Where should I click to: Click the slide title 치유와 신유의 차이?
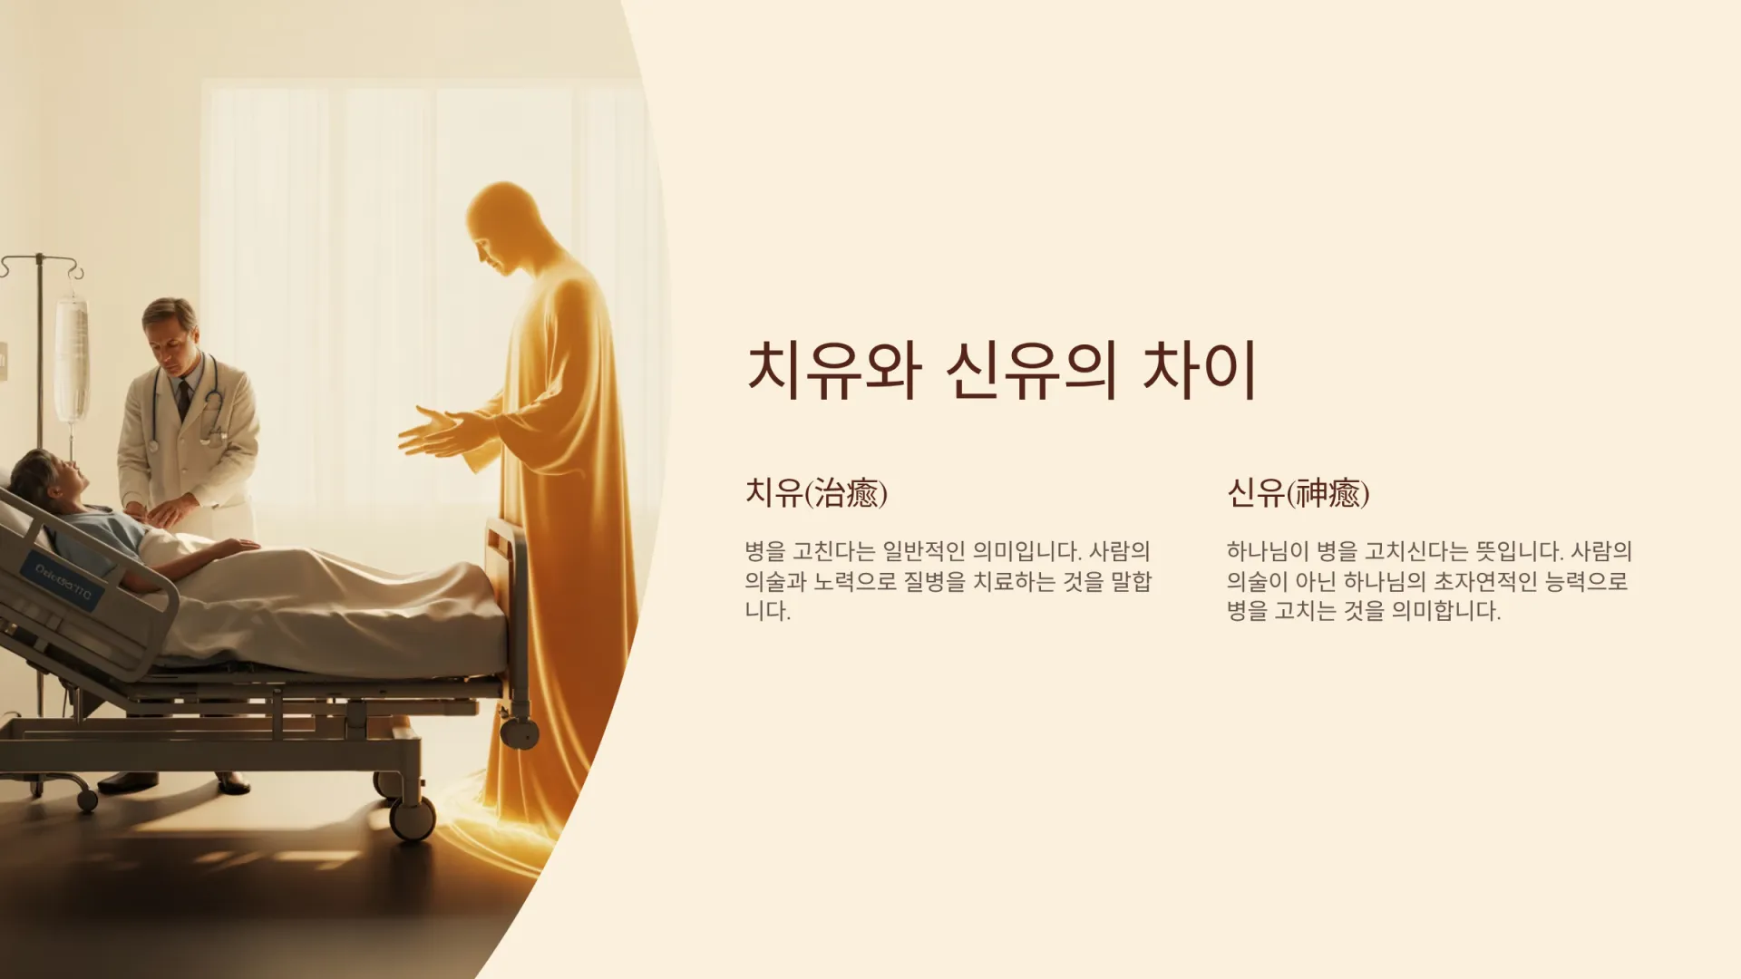click(x=1001, y=371)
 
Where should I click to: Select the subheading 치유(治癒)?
click(x=816, y=493)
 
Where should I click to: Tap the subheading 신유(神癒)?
click(x=1298, y=493)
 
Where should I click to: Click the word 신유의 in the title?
click(x=1030, y=371)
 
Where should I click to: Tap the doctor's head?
click(x=170, y=328)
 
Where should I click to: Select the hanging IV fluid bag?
click(x=72, y=361)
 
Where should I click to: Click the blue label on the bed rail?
click(x=63, y=581)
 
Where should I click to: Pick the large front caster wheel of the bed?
click(x=413, y=818)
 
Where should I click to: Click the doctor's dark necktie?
click(x=183, y=399)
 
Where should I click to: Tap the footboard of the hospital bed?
click(x=508, y=625)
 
